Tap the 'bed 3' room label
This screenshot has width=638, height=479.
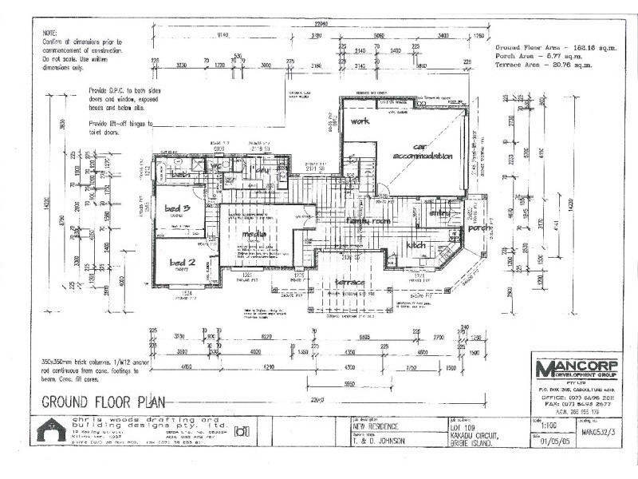point(176,208)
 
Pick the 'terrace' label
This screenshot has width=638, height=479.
point(349,282)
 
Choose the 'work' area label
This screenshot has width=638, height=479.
point(358,121)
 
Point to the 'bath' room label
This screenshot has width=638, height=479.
point(180,173)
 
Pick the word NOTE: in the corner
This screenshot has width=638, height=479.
point(51,31)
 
